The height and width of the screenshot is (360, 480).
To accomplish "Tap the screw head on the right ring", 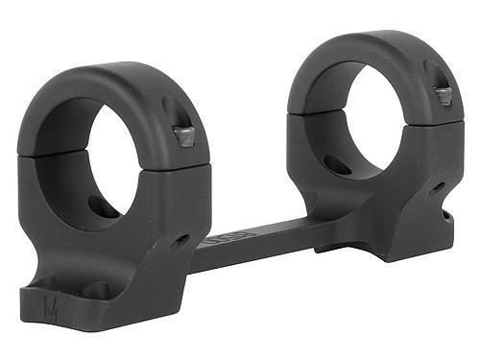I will point(444,96).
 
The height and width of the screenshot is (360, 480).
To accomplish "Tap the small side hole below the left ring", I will point(180,239).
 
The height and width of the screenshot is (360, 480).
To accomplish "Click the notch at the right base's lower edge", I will point(445,216).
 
